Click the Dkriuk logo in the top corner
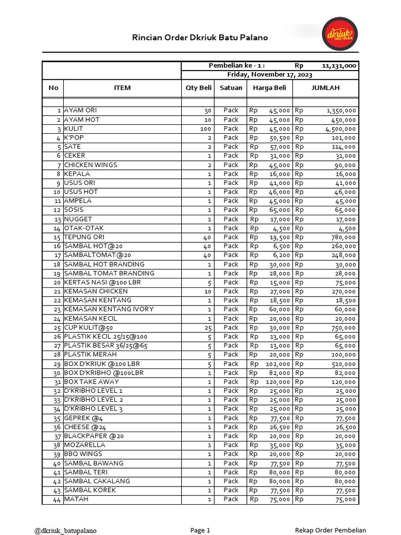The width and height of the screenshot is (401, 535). [x=339, y=33]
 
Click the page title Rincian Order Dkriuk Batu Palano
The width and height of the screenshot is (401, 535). [x=200, y=38]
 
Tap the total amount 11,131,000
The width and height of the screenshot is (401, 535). [x=339, y=66]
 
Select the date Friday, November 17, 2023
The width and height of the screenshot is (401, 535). [x=269, y=75]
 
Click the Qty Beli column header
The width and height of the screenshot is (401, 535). [x=198, y=88]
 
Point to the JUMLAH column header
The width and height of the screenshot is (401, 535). [x=325, y=88]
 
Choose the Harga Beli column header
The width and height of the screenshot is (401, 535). [x=269, y=88]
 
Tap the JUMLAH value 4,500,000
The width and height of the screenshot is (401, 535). [x=340, y=129]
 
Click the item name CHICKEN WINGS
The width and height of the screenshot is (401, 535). [x=90, y=165]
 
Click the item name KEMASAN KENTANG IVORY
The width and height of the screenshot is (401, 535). [x=109, y=309]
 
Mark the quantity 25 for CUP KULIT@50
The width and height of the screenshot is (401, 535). [x=207, y=328]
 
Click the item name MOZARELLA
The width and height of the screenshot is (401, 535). [x=85, y=445]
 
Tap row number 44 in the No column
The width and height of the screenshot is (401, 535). [x=56, y=499]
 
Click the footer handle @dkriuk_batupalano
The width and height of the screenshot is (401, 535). [x=65, y=530]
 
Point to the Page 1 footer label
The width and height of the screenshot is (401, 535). [x=200, y=530]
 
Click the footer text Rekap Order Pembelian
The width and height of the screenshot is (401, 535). [x=331, y=530]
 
